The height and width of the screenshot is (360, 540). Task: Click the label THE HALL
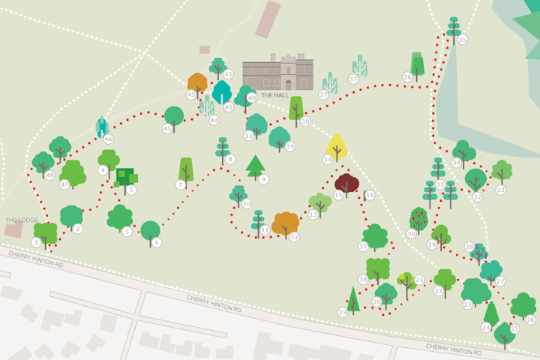(x=275, y=95)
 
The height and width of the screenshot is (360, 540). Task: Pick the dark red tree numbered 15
(x=346, y=184)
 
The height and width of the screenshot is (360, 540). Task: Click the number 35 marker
(x=463, y=40)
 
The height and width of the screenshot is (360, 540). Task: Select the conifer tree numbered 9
(x=256, y=166)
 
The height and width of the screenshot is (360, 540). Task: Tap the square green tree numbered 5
(x=125, y=177)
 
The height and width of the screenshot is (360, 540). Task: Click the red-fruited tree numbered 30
(x=418, y=220)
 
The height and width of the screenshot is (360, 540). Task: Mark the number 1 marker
(x=36, y=242)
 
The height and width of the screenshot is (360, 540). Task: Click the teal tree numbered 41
(x=222, y=93)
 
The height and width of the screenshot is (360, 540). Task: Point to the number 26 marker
(x=530, y=319)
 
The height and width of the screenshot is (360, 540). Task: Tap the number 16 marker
(x=370, y=195)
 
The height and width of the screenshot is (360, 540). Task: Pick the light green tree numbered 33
(x=502, y=170)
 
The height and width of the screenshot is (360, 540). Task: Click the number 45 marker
(x=167, y=129)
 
